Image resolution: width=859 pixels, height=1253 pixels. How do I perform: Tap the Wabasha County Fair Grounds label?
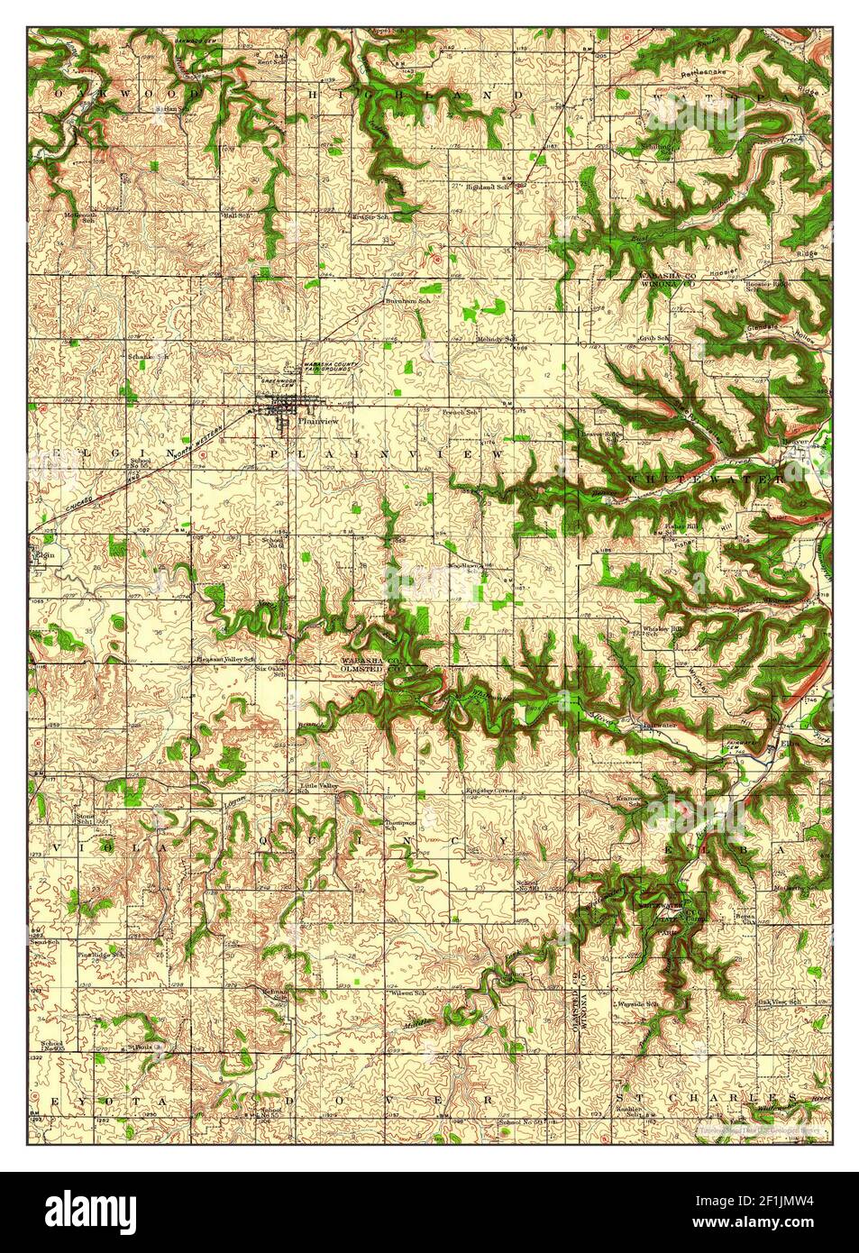pyautogui.click(x=330, y=369)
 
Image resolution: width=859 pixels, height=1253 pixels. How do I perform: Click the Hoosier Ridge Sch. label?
pyautogui.click(x=767, y=286)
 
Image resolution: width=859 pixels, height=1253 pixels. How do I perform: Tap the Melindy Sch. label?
pyautogui.click(x=497, y=339)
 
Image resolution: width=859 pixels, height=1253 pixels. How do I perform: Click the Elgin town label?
pyautogui.click(x=44, y=555)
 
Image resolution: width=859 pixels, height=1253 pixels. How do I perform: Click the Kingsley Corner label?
pyautogui.click(x=490, y=791)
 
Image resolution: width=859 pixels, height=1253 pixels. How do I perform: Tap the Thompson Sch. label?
pyautogui.click(x=399, y=825)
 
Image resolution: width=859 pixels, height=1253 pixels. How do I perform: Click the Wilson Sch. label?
pyautogui.click(x=408, y=993)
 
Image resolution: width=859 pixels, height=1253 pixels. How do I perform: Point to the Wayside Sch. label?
pyautogui.click(x=636, y=1003)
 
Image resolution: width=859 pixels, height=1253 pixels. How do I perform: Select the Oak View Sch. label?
pyautogui.click(x=779, y=1002)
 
